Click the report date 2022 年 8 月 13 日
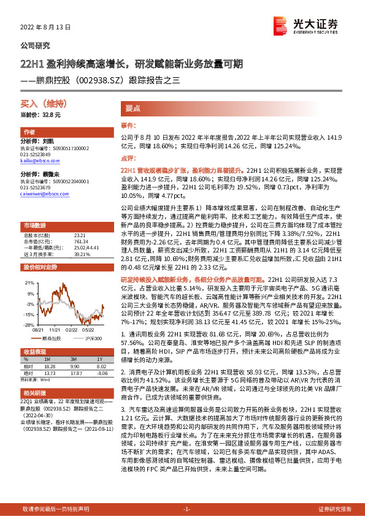click(x=45, y=28)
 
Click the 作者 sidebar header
click(x=30, y=132)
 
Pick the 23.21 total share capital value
click(x=79, y=235)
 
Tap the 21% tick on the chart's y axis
click(x=29, y=283)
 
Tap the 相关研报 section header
click(x=34, y=392)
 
